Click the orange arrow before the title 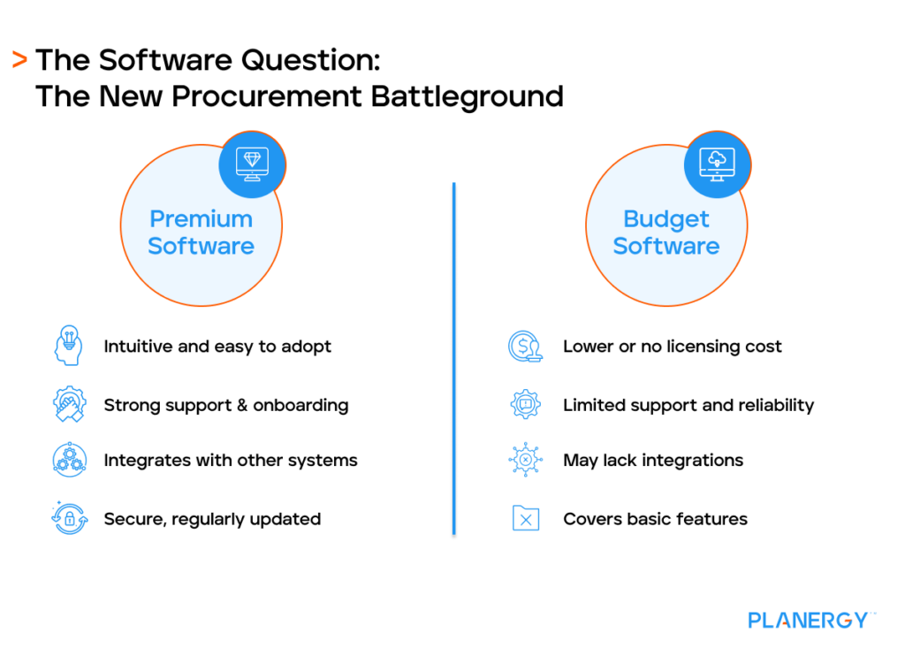[19, 60]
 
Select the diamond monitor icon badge [252, 164]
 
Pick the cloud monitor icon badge [717, 164]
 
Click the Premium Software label [201, 233]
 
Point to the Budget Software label [666, 233]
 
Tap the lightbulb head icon [68, 346]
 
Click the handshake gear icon [68, 405]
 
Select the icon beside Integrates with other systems [68, 460]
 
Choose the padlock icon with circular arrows [68, 518]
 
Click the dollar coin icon [525, 346]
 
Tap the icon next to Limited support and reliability [525, 405]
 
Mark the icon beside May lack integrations [525, 460]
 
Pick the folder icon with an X [525, 518]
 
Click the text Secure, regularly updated [212, 519]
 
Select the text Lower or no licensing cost [672, 347]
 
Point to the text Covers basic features [655, 519]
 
